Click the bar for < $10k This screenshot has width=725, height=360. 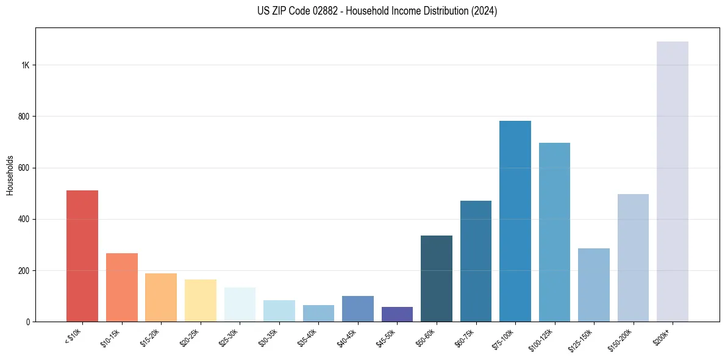coord(82,256)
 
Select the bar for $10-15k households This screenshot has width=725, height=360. coord(121,287)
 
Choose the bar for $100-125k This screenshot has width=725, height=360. coord(554,232)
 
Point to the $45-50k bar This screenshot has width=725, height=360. coord(397,314)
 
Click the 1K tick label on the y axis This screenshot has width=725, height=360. coord(25,65)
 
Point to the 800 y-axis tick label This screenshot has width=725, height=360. coord(24,117)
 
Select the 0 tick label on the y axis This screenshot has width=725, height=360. coord(27,322)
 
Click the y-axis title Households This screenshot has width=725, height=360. coord(10,175)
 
